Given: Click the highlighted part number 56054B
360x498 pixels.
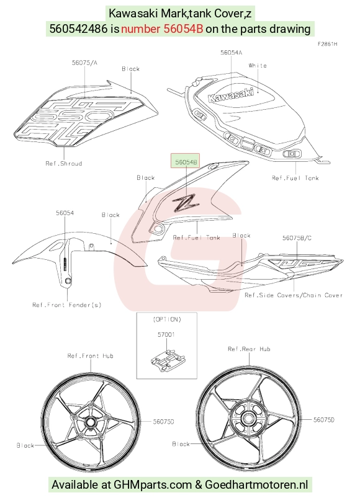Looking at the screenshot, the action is click(x=186, y=162).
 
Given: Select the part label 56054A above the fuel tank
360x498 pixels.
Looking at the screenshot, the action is click(x=232, y=52).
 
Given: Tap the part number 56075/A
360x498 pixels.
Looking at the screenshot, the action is click(x=84, y=63).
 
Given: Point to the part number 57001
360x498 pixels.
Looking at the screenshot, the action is click(x=166, y=334).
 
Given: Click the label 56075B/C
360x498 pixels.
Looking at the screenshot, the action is click(x=297, y=238).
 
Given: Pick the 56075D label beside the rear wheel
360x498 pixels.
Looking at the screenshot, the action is click(x=324, y=420).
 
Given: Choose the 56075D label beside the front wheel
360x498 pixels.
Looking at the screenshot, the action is click(x=164, y=422).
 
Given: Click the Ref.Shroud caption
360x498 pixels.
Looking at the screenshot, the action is click(x=64, y=164).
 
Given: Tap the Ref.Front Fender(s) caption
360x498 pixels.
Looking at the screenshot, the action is click(x=67, y=305).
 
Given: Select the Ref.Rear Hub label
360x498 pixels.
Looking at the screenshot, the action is click(x=249, y=349).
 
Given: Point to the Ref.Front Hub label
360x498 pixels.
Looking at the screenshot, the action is click(x=90, y=356).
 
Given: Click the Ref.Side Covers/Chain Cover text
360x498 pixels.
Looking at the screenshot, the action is click(x=294, y=295).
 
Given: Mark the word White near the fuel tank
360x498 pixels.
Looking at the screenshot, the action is click(x=258, y=65).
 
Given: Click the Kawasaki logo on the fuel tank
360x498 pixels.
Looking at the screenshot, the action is click(x=231, y=95).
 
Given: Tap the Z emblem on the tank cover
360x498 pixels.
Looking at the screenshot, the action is click(x=186, y=202).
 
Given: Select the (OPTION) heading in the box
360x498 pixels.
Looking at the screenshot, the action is click(x=167, y=319).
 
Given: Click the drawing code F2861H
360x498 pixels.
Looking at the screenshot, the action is click(x=328, y=44).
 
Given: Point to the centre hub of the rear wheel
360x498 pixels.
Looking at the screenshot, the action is click(x=248, y=418).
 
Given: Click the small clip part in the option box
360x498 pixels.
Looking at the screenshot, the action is click(x=168, y=360).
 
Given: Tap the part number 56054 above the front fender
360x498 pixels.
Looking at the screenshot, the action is click(x=65, y=213).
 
